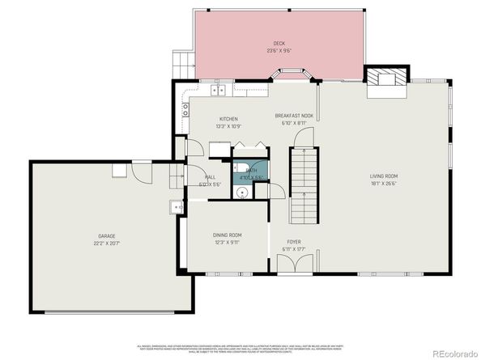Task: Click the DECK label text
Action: [279, 43]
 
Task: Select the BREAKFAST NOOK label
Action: [294, 116]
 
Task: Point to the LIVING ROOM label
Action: [384, 176]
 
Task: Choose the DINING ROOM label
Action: [228, 235]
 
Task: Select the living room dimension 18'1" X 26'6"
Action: [384, 183]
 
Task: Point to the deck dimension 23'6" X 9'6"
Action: [279, 50]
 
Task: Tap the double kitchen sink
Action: [218, 89]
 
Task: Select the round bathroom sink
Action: [242, 193]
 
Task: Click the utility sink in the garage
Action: [176, 208]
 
